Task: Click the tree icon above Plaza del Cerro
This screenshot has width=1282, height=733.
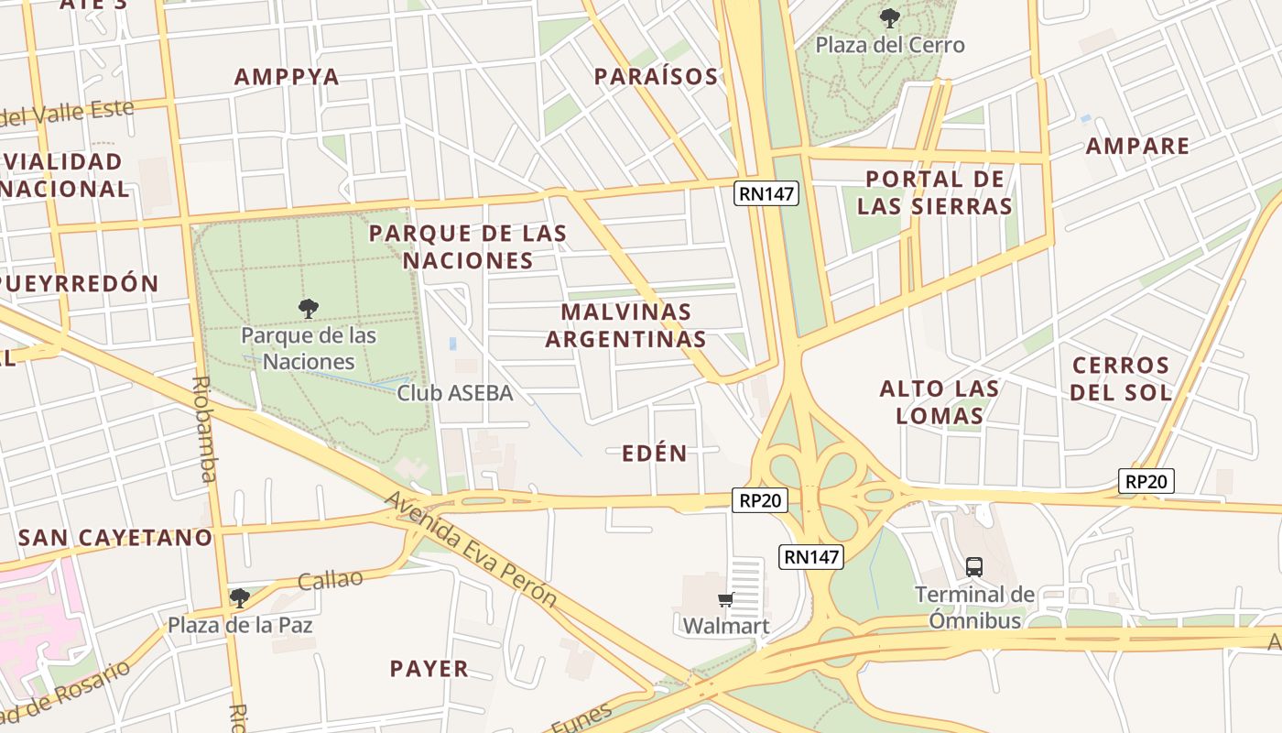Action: pyautogui.click(x=888, y=17)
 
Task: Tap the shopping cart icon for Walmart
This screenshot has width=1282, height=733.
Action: pyautogui.click(x=725, y=600)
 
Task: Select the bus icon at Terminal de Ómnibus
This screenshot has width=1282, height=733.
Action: pyautogui.click(x=974, y=567)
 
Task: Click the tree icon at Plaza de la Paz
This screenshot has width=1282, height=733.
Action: pyautogui.click(x=240, y=598)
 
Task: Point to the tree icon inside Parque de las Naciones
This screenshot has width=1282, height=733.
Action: pyautogui.click(x=309, y=308)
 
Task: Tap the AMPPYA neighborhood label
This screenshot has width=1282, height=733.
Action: pyautogui.click(x=287, y=77)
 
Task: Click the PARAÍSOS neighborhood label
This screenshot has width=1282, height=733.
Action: pyautogui.click(x=656, y=77)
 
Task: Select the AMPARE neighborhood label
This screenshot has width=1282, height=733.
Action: pyautogui.click(x=1137, y=146)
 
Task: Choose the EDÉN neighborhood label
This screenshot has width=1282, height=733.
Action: pyautogui.click(x=654, y=454)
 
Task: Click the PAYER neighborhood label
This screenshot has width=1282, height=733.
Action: pyautogui.click(x=429, y=669)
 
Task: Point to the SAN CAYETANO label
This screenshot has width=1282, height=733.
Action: pyautogui.click(x=115, y=538)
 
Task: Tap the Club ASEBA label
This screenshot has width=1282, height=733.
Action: pyautogui.click(x=454, y=393)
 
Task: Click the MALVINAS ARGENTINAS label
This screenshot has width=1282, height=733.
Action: pyautogui.click(x=626, y=325)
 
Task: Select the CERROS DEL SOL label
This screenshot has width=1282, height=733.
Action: pyautogui.click(x=1122, y=379)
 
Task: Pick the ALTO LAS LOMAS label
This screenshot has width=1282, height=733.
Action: pyautogui.click(x=940, y=402)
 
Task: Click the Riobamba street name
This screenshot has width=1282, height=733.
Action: pyautogui.click(x=204, y=429)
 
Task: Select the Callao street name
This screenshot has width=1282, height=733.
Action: pyautogui.click(x=331, y=580)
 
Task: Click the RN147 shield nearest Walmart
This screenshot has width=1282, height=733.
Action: pyautogui.click(x=810, y=556)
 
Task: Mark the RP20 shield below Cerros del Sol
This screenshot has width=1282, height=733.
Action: pyautogui.click(x=1146, y=481)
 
